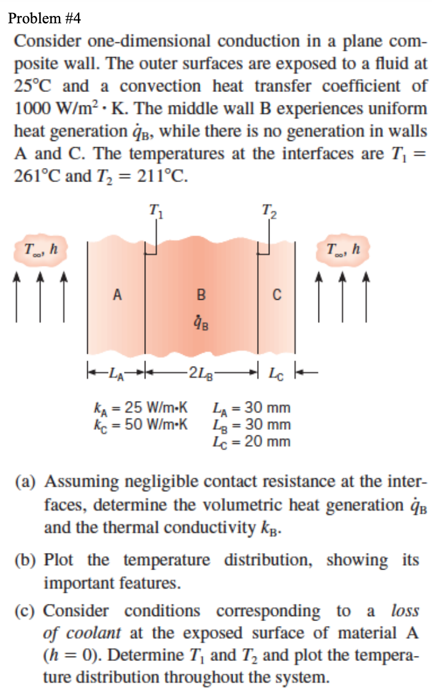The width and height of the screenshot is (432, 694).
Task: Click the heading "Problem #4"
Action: click(44, 18)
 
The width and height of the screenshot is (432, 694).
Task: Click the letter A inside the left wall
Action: click(117, 296)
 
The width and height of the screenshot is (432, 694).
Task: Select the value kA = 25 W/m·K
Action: click(141, 408)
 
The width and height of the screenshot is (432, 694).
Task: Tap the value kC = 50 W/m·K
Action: click(141, 424)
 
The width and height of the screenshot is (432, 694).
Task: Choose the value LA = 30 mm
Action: click(250, 408)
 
